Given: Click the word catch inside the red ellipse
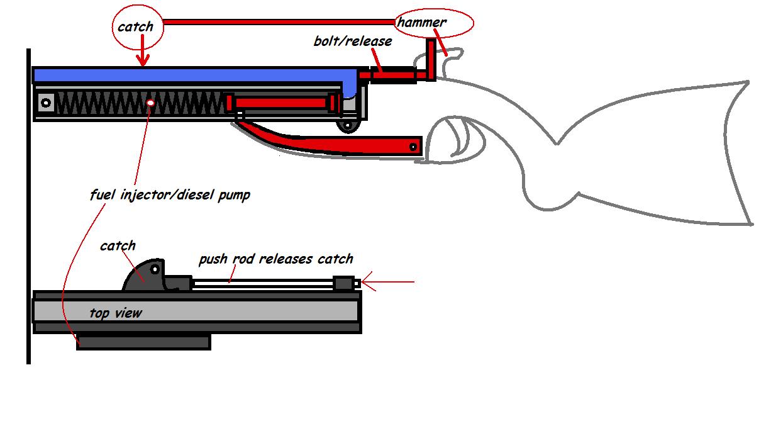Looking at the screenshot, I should tap(135, 27).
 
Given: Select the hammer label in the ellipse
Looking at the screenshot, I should tap(422, 23).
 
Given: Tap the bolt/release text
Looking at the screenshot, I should tap(352, 42).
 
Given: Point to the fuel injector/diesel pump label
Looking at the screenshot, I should tap(170, 194).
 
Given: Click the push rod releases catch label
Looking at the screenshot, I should tap(275, 259).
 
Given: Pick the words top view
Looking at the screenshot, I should tap(115, 313).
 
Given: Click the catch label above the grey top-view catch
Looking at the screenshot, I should tap(118, 245).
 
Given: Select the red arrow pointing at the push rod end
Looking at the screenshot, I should tap(387, 283).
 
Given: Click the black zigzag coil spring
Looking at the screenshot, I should tap(138, 103).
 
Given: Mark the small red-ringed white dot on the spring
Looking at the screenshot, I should tap(150, 102).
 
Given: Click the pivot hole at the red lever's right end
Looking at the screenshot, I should tap(413, 147).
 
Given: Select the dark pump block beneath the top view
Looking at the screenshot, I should tap(143, 342).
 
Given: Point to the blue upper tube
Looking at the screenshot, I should tap(189, 76).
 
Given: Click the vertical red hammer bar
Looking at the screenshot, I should tap(431, 60).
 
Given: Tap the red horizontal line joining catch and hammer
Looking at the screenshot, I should tap(277, 21).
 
